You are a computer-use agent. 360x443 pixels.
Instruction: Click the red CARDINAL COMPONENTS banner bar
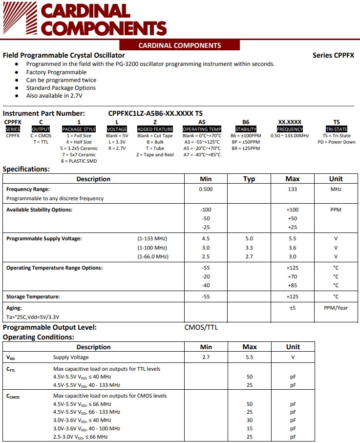[x=180, y=45]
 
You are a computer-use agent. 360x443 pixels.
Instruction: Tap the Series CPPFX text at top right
[x=333, y=55]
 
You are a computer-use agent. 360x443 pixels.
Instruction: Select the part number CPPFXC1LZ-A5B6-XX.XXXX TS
[x=155, y=113]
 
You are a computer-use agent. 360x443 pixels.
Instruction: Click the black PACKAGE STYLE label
[x=79, y=129]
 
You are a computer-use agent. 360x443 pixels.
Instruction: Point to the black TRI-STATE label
[x=337, y=129]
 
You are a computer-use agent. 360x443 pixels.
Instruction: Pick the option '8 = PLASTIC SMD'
[x=79, y=161]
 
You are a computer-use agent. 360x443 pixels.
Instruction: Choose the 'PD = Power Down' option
[x=337, y=142]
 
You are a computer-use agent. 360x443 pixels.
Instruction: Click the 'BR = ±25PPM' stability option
[x=246, y=148]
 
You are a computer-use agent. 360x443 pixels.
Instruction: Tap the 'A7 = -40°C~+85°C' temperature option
[x=202, y=154]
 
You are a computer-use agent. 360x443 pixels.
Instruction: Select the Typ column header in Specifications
[x=249, y=179]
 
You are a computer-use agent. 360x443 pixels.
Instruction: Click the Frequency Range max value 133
[x=292, y=189]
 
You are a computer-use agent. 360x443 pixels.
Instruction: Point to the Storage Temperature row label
[x=33, y=296]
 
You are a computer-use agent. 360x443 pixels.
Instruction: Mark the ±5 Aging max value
[x=292, y=308]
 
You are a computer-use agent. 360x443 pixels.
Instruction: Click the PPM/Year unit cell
[x=336, y=308]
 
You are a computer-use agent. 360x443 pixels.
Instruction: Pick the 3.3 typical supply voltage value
[x=249, y=248]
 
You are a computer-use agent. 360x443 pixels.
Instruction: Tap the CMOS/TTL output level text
[x=201, y=327]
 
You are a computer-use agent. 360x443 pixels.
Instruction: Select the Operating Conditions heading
[x=39, y=337]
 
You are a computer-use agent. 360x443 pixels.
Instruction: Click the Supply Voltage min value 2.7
[x=206, y=358]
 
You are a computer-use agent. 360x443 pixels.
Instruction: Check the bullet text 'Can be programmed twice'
[x=61, y=80]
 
